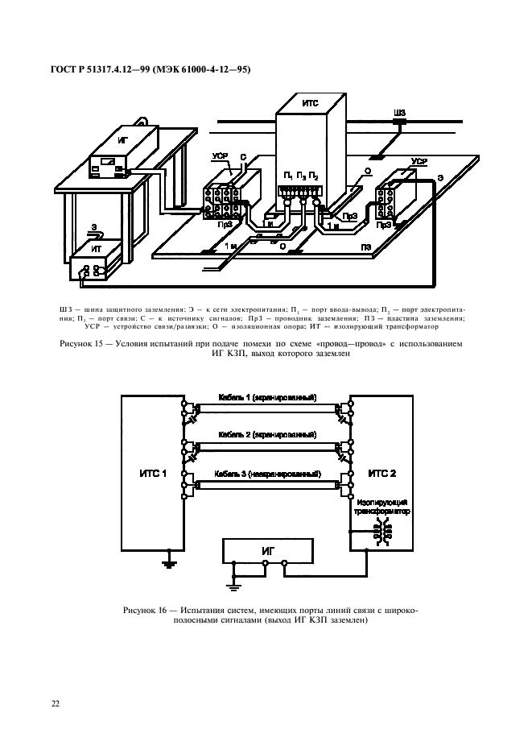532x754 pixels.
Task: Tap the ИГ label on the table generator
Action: click(x=122, y=140)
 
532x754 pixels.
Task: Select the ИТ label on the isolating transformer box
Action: click(x=97, y=250)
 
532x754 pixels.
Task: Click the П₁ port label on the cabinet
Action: click(x=287, y=176)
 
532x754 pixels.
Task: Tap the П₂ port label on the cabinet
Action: click(x=313, y=176)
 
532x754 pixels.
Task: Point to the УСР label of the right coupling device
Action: click(x=419, y=162)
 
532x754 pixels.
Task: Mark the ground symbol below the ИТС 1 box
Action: click(x=168, y=563)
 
